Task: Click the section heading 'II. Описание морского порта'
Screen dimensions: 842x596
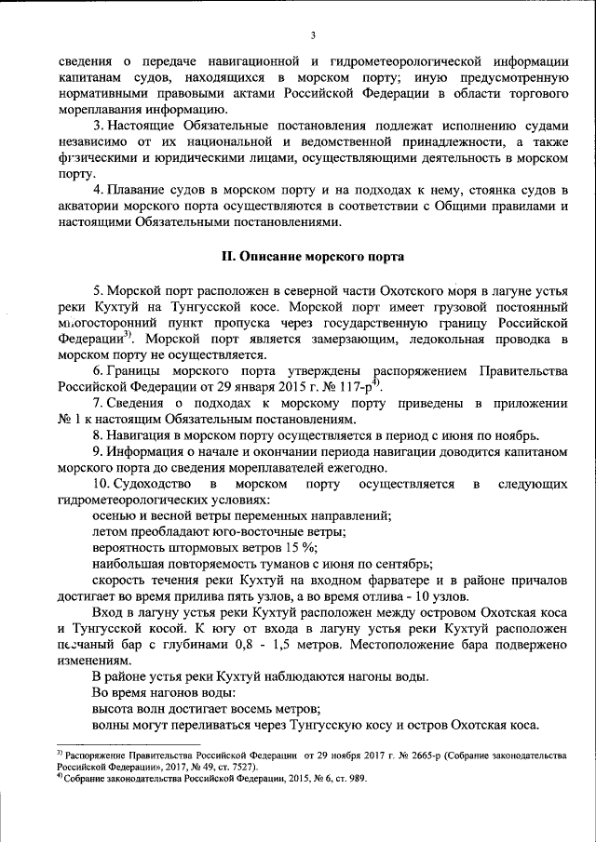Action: point(311,255)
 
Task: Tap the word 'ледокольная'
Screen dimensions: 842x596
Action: point(442,339)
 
